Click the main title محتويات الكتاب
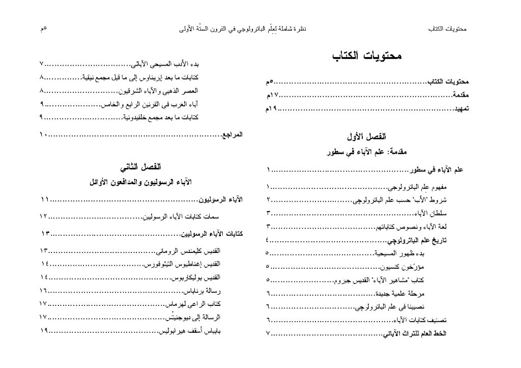coord(367,56)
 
